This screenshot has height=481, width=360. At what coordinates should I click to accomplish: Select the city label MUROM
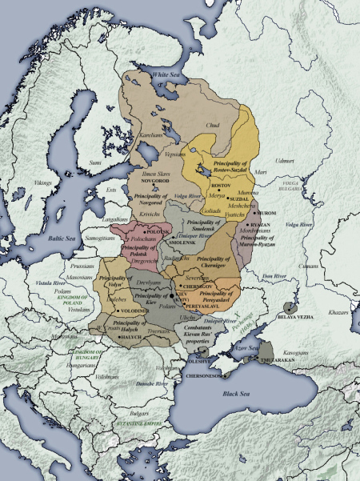[269, 214]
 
